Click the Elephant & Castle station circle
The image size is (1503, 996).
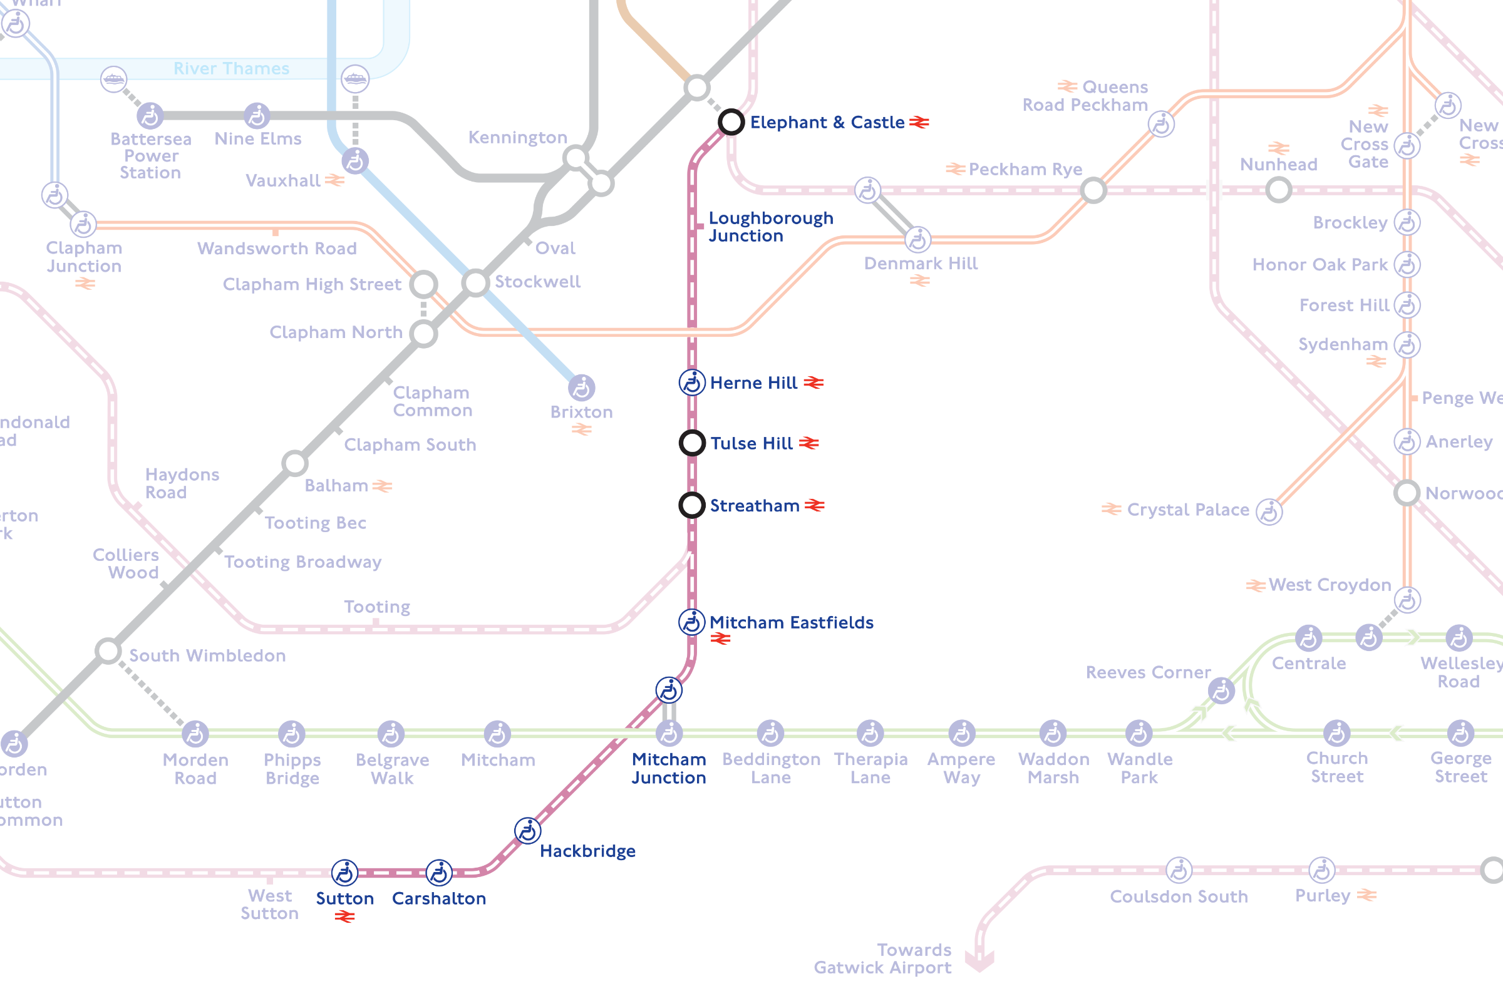[731, 121]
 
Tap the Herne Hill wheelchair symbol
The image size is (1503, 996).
[692, 382]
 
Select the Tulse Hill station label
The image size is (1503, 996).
[751, 443]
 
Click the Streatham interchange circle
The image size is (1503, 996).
[692, 506]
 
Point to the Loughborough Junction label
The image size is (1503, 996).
[770, 227]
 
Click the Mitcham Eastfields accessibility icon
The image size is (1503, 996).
[691, 622]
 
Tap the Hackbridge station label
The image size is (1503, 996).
[587, 851]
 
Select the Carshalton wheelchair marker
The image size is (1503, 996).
[439, 873]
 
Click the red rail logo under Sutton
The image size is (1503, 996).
[344, 916]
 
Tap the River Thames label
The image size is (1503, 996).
[231, 69]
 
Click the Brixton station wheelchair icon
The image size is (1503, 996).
[581, 388]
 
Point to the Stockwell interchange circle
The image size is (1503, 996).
[475, 283]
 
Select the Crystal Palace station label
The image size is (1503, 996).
[1187, 510]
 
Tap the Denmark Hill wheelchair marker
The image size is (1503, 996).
[917, 240]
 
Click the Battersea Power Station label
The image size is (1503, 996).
[150, 156]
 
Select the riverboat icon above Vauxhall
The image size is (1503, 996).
[354, 79]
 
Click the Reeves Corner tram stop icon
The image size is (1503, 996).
[1221, 691]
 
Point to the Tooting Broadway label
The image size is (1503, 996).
[302, 562]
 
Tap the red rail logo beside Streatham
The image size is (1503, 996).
[814, 506]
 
